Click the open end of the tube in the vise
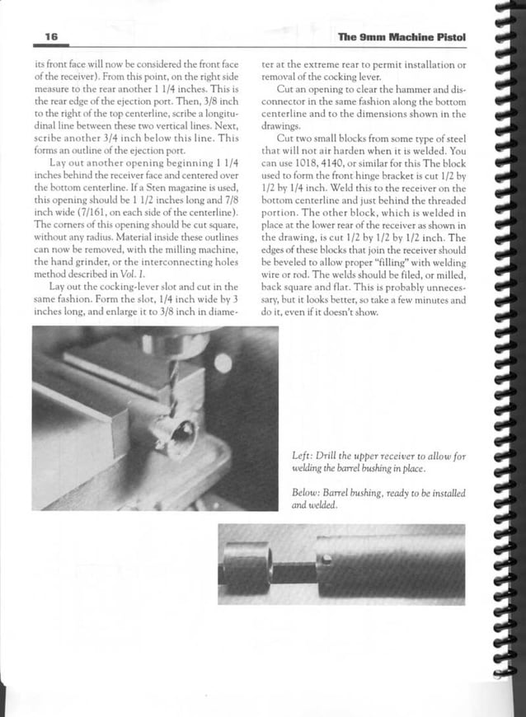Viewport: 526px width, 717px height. (x=183, y=432)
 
